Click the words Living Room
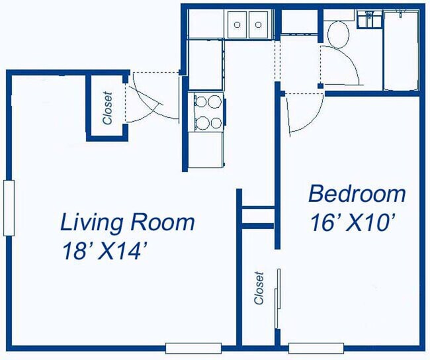point(127,222)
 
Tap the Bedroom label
point(357,194)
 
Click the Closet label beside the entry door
point(107,107)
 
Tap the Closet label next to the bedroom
point(259,288)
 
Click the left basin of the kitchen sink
point(237,25)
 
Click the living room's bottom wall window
point(184,347)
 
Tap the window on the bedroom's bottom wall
point(316,347)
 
